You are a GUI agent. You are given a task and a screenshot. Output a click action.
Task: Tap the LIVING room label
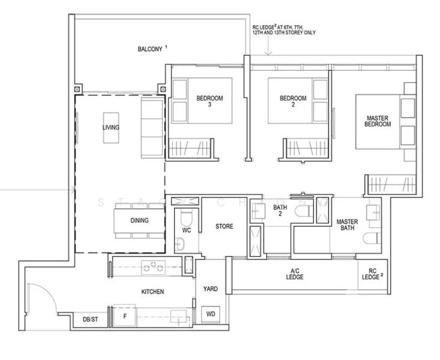(110, 128)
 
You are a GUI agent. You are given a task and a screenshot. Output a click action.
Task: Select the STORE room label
(224, 226)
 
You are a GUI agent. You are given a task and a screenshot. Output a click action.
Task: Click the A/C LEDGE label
(294, 274)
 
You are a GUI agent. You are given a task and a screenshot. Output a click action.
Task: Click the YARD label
(210, 289)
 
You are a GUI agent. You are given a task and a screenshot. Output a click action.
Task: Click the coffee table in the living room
(111, 128)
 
